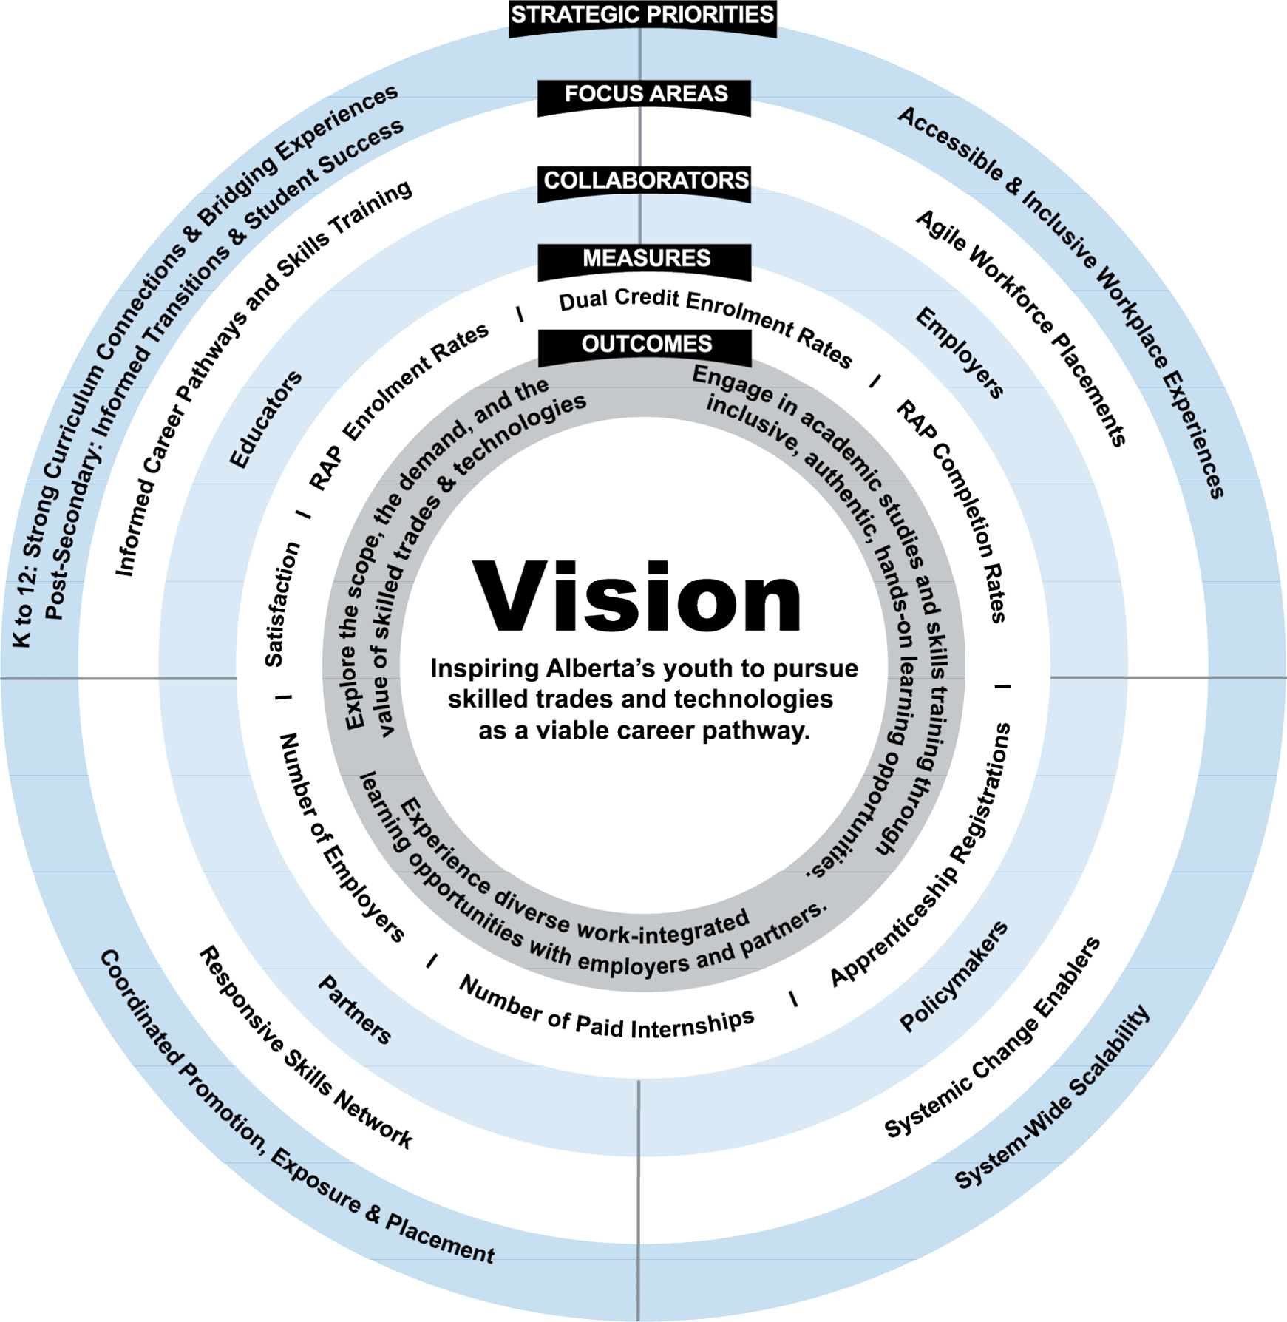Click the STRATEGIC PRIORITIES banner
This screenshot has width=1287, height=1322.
tap(642, 16)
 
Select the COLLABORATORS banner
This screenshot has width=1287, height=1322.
tap(645, 181)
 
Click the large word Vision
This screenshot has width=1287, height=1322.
tap(637, 597)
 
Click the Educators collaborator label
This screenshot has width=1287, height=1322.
tap(265, 419)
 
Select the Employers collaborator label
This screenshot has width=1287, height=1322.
tap(960, 353)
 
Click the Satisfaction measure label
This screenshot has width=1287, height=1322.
tap(282, 604)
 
